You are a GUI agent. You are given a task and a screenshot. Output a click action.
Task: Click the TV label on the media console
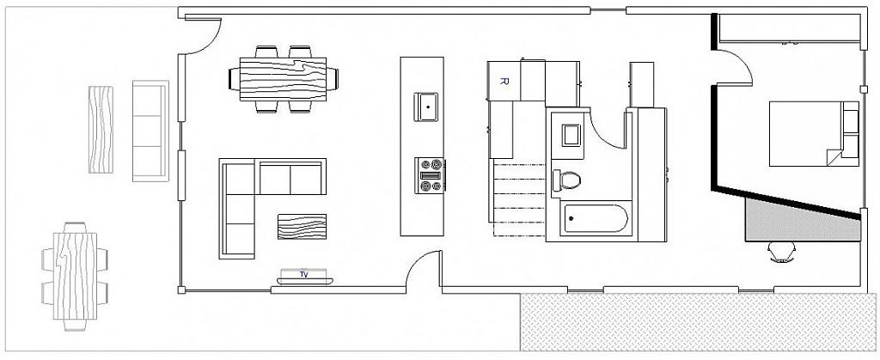(x=303, y=275)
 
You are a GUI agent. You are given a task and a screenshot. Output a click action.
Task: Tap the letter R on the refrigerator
(x=504, y=82)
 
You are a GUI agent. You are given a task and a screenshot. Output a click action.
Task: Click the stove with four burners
(x=431, y=174)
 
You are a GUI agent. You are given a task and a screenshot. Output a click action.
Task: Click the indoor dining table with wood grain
(x=282, y=78)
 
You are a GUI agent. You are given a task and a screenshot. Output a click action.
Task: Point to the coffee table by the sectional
(x=302, y=227)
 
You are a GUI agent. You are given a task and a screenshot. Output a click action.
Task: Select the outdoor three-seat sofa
(x=150, y=131)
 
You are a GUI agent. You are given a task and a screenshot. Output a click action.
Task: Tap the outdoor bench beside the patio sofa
(x=101, y=130)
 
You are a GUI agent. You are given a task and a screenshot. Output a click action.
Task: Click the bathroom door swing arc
(x=608, y=129)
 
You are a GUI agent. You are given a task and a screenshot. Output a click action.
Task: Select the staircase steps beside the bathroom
(x=519, y=198)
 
